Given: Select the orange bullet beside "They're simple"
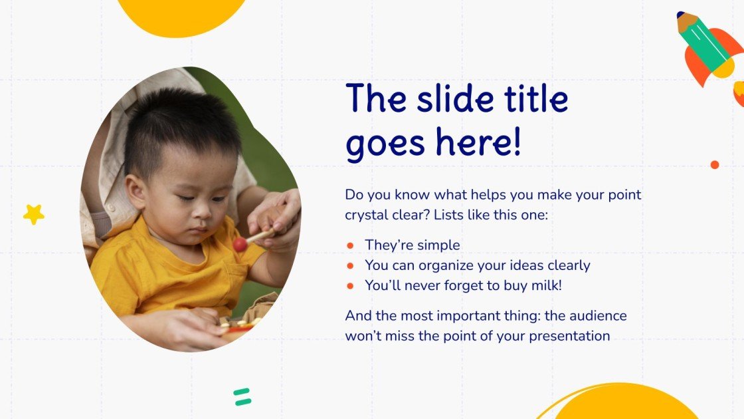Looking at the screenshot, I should (x=349, y=245).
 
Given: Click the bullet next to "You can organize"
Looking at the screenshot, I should (x=349, y=266).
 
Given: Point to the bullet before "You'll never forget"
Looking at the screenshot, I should (x=349, y=286).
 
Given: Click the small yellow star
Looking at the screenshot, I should (x=33, y=214).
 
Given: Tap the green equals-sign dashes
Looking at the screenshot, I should (x=242, y=397).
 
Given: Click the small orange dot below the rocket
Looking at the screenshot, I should (x=715, y=164).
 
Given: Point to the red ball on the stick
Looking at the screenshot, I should (x=240, y=244).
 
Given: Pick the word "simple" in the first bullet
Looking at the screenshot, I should (x=436, y=245).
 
